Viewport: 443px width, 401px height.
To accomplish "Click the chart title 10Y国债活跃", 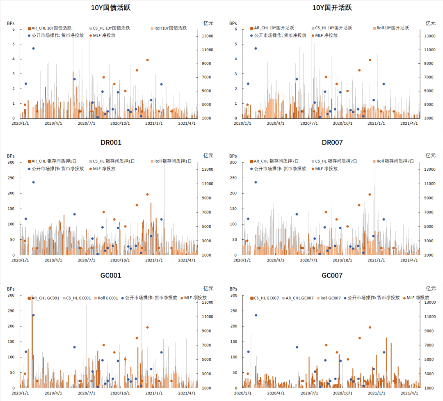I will point(111,8).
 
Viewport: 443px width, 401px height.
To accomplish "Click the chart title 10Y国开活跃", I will point(332,8).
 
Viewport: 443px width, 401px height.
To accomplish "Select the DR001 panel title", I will point(111,142).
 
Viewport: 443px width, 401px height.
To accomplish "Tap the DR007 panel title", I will point(332,142).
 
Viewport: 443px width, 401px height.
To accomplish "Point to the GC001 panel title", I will point(111,275).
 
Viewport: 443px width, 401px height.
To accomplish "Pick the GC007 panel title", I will point(332,275).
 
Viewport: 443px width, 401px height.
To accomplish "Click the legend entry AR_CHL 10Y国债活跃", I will point(50,28).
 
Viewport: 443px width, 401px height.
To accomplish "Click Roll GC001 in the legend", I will point(106,298).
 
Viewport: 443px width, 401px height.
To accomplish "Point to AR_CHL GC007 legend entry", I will point(299,298).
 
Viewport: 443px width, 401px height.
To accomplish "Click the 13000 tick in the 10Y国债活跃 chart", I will point(207,36).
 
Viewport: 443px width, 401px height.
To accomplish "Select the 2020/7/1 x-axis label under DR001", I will point(87,260).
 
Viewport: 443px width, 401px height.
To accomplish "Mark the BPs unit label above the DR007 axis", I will point(233,156).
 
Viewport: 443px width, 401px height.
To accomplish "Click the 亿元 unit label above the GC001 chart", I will point(208,288).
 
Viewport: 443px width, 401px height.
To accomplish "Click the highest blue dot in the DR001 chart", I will point(33,182).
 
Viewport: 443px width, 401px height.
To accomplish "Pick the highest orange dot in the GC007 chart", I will point(370,328).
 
